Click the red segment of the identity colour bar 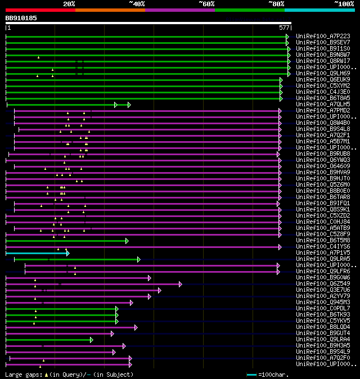(x=40, y=10)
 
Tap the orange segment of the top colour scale (x=110, y=10)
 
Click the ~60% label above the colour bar (x=206, y=4)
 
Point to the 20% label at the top (x=69, y=4)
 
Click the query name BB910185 (x=21, y=18)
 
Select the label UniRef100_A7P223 (x=323, y=36)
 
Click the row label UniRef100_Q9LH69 (x=323, y=73)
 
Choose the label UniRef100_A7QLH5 (x=323, y=104)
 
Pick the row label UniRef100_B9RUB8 (x=323, y=154)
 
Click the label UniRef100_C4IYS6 (x=323, y=246)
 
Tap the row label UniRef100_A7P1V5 (x=323, y=252)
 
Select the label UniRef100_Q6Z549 (x=323, y=283)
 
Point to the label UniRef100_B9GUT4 (x=323, y=333)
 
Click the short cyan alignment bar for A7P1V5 (x=37, y=253)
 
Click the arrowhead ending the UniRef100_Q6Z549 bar (x=181, y=284)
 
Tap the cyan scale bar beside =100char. (x=251, y=375)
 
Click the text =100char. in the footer (x=273, y=375)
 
